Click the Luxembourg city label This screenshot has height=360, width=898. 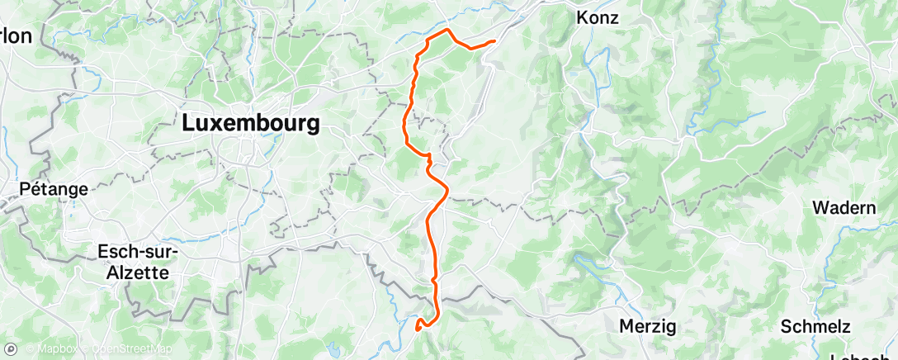click(251, 125)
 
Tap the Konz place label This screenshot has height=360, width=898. click(598, 17)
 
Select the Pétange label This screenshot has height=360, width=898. click(56, 189)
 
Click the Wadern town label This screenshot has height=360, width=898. click(844, 207)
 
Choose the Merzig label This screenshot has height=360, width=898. click(649, 326)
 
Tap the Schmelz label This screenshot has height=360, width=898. click(815, 326)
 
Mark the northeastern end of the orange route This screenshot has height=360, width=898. click(494, 40)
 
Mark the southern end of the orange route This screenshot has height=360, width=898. click(418, 327)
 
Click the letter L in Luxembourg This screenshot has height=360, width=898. click(187, 125)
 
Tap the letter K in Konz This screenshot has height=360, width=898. click(582, 17)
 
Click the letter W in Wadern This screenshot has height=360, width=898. click(820, 207)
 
